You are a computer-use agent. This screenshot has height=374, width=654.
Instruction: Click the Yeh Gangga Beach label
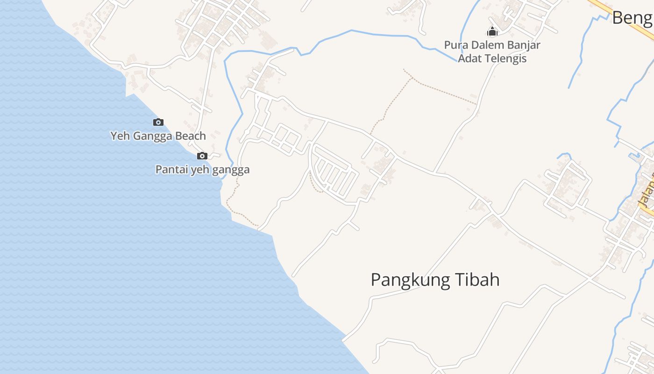[x=158, y=136]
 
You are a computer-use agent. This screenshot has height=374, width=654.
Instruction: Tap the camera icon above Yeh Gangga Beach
[x=158, y=122]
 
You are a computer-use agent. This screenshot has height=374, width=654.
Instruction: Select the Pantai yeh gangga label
[x=202, y=170]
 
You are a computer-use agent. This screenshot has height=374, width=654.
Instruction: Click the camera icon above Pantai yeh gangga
[x=202, y=156]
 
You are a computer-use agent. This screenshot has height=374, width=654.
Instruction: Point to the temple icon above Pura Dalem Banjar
[x=492, y=32]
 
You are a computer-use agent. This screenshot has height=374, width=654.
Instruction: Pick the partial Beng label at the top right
[x=632, y=18]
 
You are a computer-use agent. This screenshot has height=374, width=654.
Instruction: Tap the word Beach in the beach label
[x=191, y=136]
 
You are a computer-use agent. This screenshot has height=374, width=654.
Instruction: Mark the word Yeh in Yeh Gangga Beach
[x=119, y=136]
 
